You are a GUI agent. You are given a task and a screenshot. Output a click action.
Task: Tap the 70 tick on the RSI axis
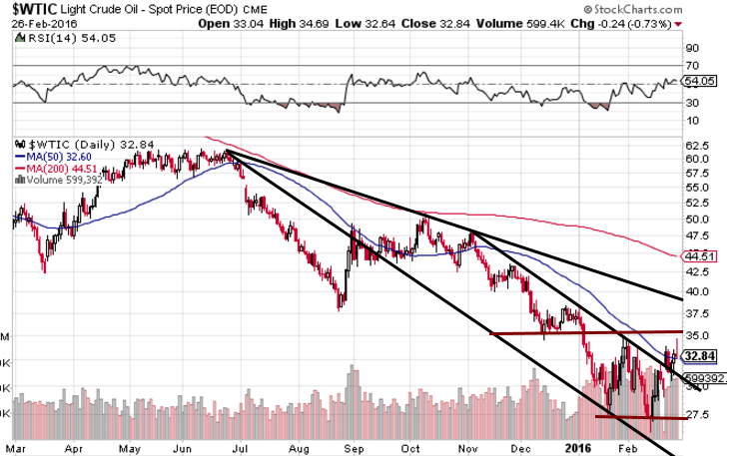pyautogui.click(x=689, y=65)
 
